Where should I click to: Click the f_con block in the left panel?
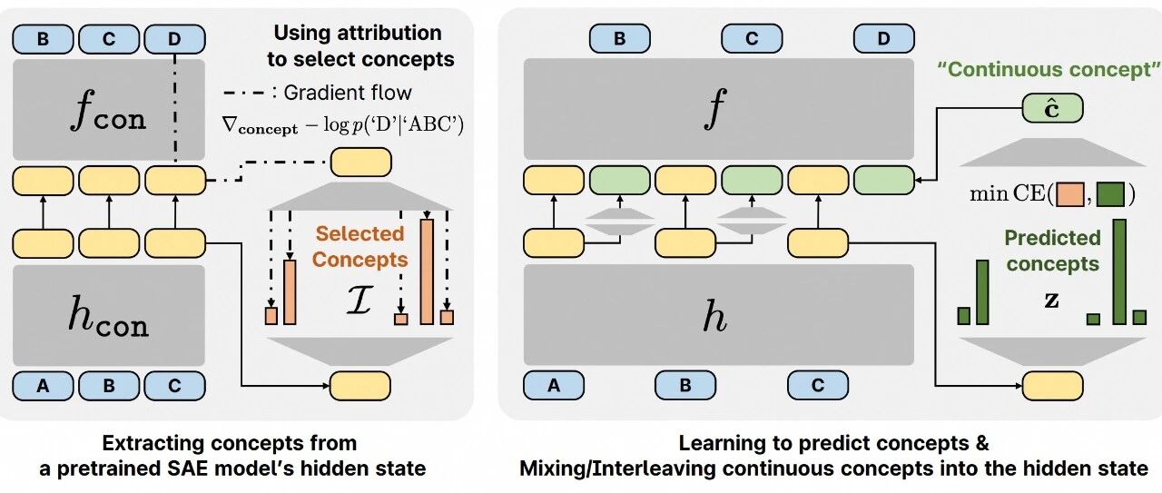point(108,110)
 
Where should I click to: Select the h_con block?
point(108,316)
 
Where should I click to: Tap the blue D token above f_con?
point(174,39)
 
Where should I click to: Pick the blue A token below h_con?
point(43,386)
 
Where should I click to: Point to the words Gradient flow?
point(348,93)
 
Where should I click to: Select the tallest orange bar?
point(427,271)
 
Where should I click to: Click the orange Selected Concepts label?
point(360,247)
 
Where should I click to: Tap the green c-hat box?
point(1052,108)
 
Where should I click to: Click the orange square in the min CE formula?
point(1069,194)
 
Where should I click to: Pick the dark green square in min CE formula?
point(1110,194)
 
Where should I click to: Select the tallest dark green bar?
point(1119,272)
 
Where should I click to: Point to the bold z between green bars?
point(1051,300)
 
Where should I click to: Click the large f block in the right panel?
point(718,109)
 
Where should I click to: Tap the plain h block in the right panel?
point(718,315)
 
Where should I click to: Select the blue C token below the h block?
point(818,386)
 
